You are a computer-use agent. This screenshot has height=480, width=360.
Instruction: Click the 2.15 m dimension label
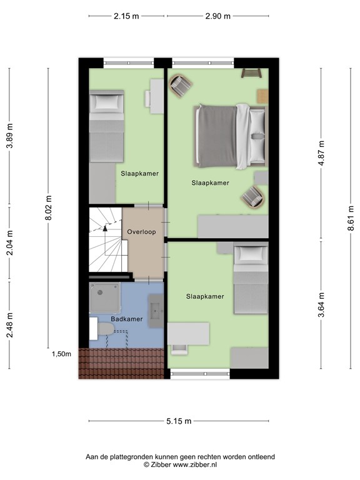click(x=126, y=17)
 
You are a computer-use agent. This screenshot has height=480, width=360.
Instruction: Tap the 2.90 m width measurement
click(x=217, y=17)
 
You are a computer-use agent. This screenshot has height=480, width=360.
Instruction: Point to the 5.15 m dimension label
click(x=179, y=421)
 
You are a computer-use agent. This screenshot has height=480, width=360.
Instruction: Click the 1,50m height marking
click(x=61, y=354)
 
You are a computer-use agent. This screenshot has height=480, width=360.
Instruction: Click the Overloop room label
click(x=141, y=231)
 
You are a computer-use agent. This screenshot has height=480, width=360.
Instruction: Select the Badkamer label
click(x=127, y=319)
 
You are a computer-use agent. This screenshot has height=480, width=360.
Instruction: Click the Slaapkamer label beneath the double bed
click(x=210, y=183)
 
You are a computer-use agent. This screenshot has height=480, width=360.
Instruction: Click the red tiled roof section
click(x=120, y=363)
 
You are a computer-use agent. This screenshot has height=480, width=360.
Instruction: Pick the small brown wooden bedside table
click(x=262, y=94)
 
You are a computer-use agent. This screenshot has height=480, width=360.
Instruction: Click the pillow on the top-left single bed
click(x=106, y=101)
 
